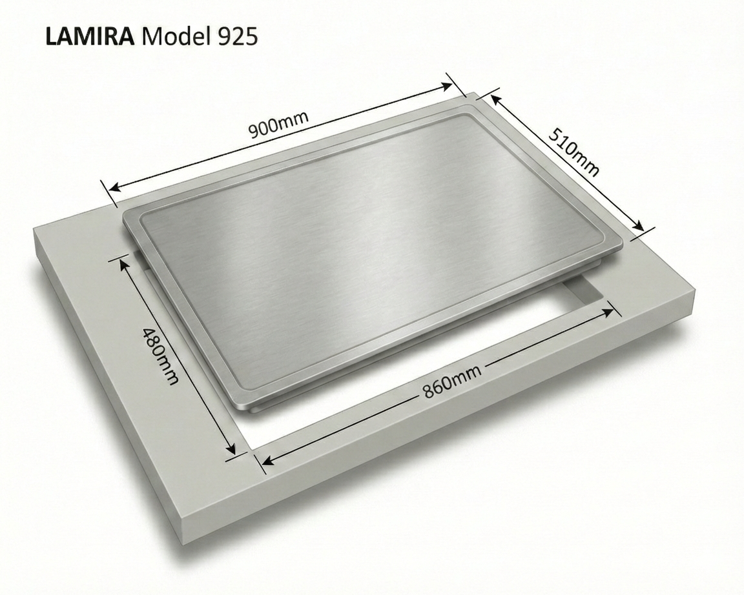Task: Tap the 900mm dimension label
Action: [x=278, y=124]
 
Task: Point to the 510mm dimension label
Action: [x=573, y=152]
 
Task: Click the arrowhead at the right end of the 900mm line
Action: [x=447, y=86]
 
